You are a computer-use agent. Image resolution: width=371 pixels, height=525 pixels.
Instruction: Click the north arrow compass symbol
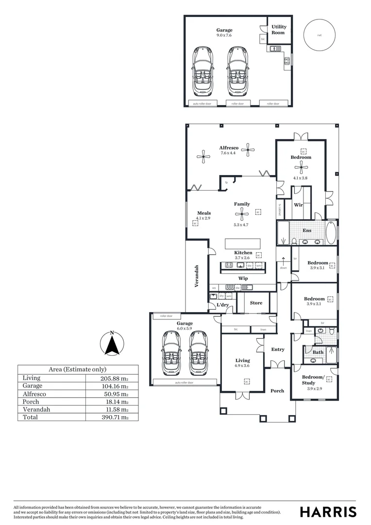(x=112, y=344)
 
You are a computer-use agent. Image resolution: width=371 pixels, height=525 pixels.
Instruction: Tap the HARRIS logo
(x=328, y=511)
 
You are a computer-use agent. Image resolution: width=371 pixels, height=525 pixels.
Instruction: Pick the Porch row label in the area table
(x=30, y=402)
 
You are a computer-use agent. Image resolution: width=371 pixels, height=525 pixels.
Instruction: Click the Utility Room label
(x=279, y=30)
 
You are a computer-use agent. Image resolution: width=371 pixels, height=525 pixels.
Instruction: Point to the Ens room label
(x=307, y=230)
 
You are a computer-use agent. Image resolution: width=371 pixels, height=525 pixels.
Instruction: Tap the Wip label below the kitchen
(x=243, y=278)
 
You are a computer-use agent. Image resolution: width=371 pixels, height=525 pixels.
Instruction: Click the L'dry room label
(x=223, y=305)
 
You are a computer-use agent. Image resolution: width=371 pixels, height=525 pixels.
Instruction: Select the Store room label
(x=256, y=303)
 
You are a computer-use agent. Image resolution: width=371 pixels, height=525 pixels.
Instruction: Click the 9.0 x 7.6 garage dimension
(x=224, y=35)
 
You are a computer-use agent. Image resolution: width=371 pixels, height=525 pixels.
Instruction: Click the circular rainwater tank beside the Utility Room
(x=319, y=35)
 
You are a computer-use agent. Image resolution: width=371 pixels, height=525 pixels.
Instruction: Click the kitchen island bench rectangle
(x=242, y=243)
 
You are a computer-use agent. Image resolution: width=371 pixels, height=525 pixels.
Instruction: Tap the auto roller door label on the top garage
(x=202, y=104)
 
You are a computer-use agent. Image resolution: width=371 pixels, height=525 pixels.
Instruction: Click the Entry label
(x=278, y=350)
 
